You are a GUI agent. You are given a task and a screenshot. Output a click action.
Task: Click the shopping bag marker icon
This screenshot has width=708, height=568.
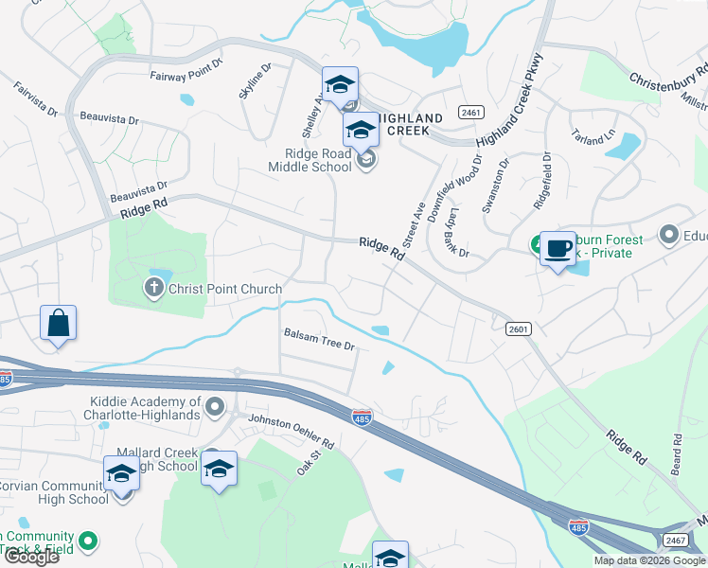click(59, 323)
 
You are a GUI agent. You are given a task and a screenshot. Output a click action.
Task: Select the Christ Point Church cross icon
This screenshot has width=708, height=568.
click(154, 288)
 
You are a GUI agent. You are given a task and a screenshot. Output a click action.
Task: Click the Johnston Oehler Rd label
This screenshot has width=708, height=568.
click(292, 431)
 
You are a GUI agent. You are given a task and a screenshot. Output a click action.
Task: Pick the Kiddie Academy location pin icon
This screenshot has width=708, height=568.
click(215, 408)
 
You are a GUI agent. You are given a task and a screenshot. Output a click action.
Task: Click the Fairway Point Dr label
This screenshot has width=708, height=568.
click(186, 67)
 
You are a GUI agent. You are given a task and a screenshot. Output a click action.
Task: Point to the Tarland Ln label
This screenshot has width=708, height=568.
click(593, 137)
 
